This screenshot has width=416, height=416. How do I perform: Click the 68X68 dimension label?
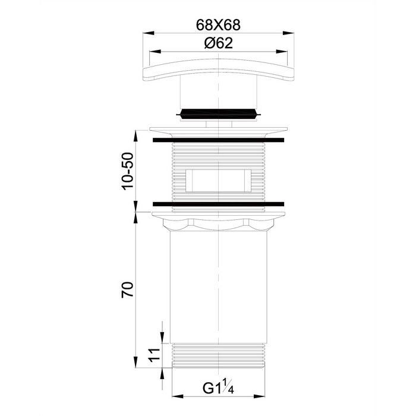[218, 25]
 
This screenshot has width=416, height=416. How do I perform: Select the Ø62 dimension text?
[219, 43]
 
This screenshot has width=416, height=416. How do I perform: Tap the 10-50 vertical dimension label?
[128, 171]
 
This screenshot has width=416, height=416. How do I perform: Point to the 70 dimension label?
[128, 290]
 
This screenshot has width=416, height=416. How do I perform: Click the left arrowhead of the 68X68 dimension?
[149, 33]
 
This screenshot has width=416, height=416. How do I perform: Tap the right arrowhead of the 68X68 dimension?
[288, 33]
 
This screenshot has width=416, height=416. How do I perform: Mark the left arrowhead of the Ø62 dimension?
[155, 52]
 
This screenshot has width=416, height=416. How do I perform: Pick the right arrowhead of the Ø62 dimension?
[282, 52]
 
